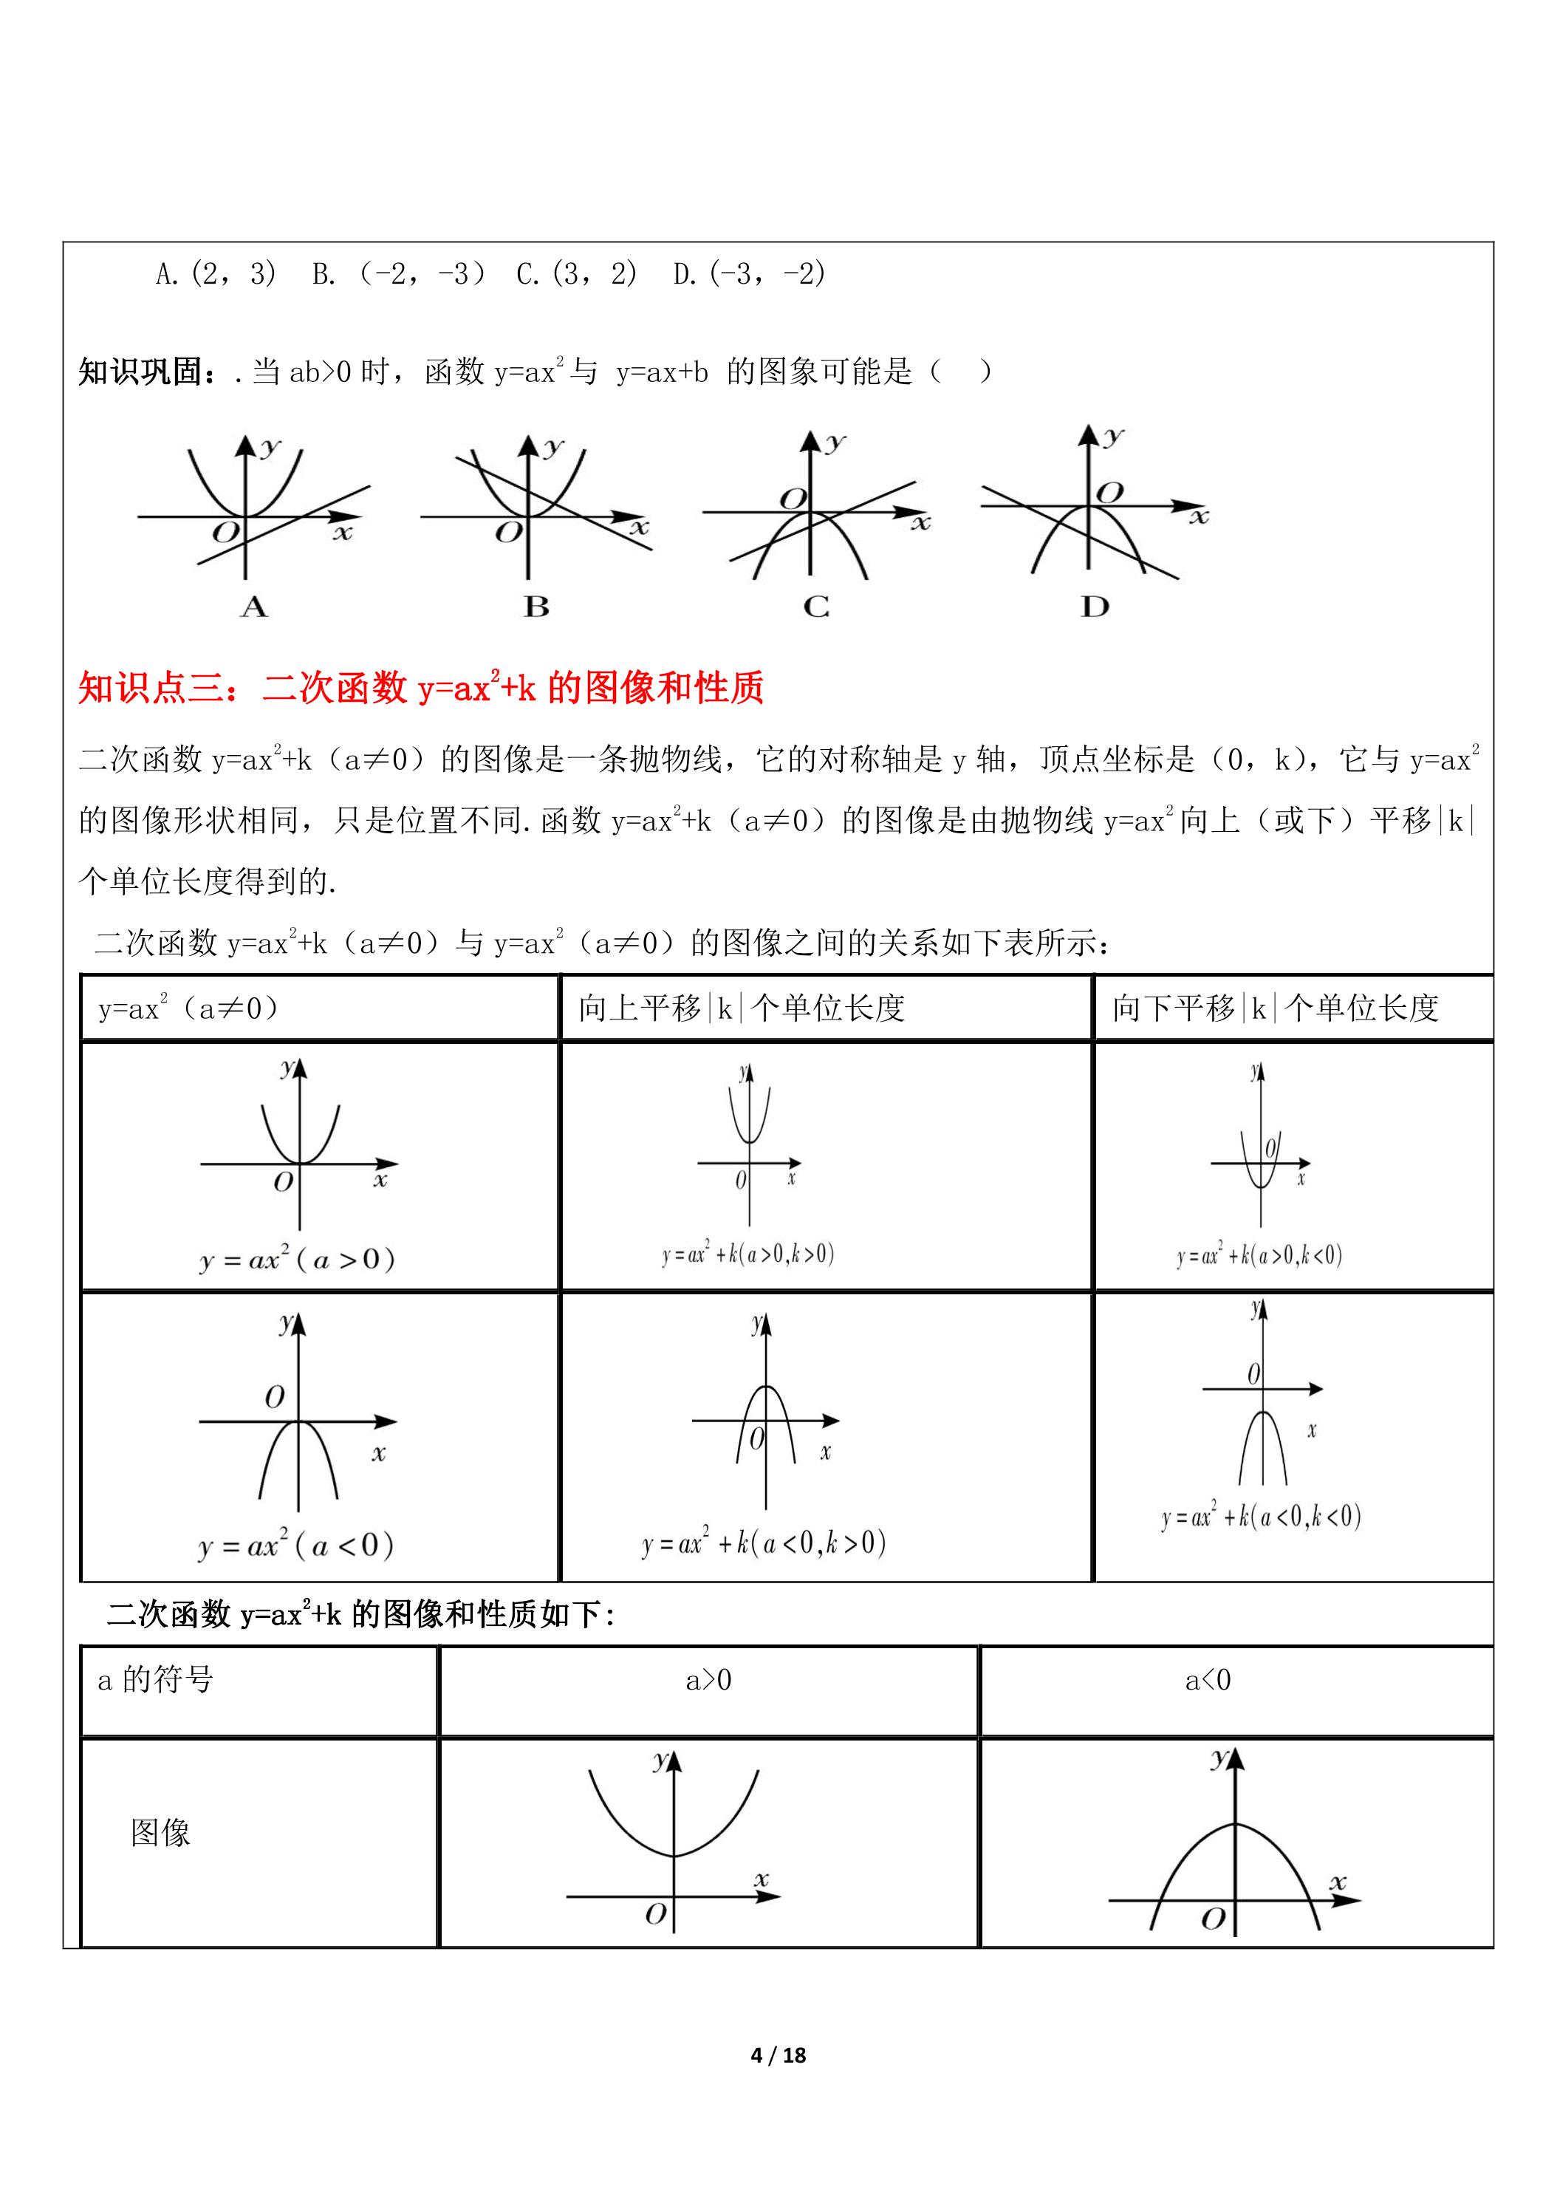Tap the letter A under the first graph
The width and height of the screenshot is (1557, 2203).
pos(253,607)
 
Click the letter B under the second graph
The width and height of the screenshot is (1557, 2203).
pos(536,607)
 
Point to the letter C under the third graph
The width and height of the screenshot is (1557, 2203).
pos(816,607)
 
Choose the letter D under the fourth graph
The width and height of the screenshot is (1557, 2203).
pos(1095,607)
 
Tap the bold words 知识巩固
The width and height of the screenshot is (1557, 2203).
pos(140,372)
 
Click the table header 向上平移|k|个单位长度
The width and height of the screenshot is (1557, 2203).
pos(742,1008)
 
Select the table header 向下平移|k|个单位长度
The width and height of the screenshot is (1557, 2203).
pos(1275,1008)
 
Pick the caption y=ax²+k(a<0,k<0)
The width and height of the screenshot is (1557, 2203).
pos(1261,1517)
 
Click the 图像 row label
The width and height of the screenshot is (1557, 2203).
pos(160,1833)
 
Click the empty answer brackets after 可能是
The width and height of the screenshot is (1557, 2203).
pos(960,372)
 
